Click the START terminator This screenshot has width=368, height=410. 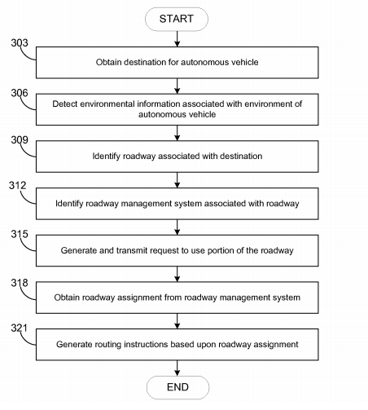coord(177,19)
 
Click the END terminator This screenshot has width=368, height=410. coord(177,387)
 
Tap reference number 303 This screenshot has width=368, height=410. coord(20,43)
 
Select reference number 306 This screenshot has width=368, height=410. coord(20,93)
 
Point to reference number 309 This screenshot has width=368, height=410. coord(20,140)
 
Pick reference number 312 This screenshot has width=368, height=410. coord(18,185)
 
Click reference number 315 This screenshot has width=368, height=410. coord(20,234)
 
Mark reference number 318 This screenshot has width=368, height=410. coord(20,283)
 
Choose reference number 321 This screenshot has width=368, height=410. coord(19,328)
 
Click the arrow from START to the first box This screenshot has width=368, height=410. coord(177,39)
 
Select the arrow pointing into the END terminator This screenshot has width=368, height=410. coord(177,368)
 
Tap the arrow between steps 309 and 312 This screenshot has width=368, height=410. coord(177,180)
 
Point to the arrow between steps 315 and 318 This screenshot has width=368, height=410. coord(177,274)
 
